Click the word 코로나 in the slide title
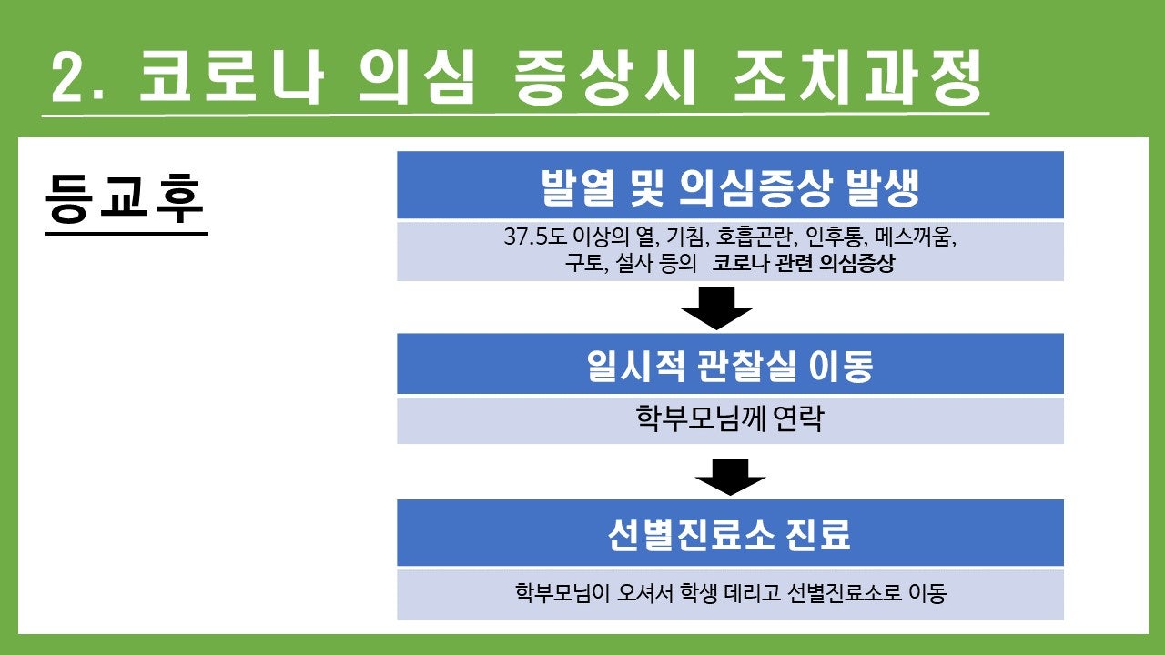tap(232, 76)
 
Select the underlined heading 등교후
tap(125, 199)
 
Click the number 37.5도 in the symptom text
tap(534, 237)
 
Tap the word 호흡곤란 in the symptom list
tap(756, 237)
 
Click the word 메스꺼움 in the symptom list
tap(915, 237)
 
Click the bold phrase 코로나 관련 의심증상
tap(804, 263)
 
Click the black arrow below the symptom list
tap(716, 307)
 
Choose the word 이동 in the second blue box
tap(841, 366)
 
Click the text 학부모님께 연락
tap(730, 418)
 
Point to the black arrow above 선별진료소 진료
tap(730, 477)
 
